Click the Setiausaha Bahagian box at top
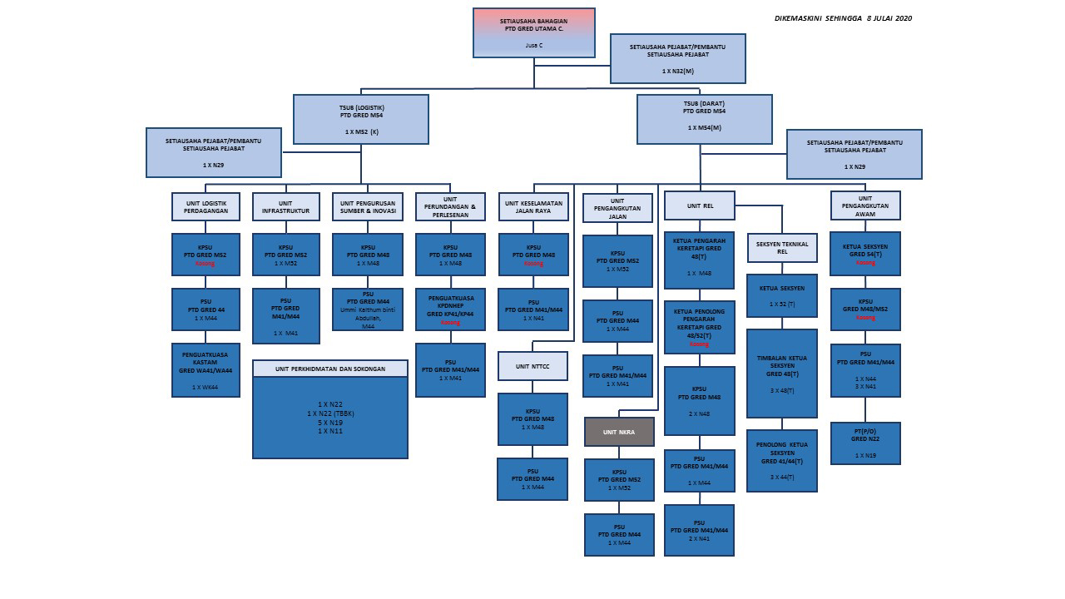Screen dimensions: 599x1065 (533, 32)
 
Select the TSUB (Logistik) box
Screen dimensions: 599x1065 (361, 119)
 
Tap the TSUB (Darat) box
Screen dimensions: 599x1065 (704, 119)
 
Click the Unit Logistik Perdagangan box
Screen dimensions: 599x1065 (206, 206)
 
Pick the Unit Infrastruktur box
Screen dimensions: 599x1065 (286, 206)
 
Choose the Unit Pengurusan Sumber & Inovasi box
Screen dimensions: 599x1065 (367, 206)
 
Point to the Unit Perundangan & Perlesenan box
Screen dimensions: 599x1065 (450, 206)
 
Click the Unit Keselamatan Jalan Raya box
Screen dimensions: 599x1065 (533, 206)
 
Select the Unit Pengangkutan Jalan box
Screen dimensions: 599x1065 (617, 207)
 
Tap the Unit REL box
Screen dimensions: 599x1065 (699, 205)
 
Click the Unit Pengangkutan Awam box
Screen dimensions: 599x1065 (865, 205)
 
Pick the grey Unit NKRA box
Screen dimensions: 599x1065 (619, 432)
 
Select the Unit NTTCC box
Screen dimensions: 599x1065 (532, 366)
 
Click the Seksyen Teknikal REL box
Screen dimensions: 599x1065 (782, 247)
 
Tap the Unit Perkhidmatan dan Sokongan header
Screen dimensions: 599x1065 (330, 369)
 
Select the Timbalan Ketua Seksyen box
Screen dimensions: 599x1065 (782, 373)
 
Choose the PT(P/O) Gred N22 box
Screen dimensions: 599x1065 (865, 443)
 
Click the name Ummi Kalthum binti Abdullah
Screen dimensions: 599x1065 (367, 314)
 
